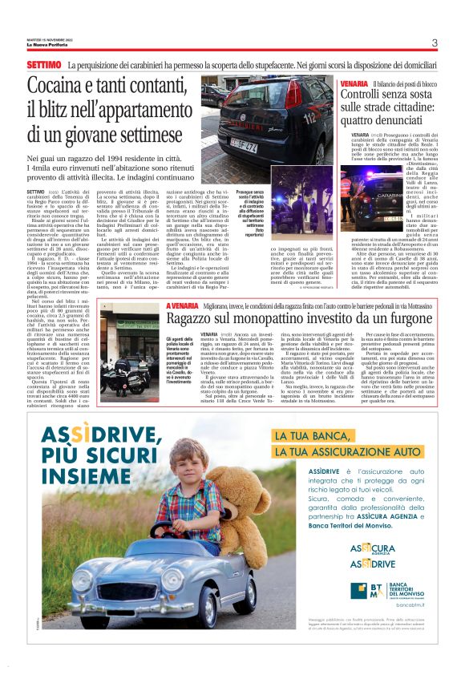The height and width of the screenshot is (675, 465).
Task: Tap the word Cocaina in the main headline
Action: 83,86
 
